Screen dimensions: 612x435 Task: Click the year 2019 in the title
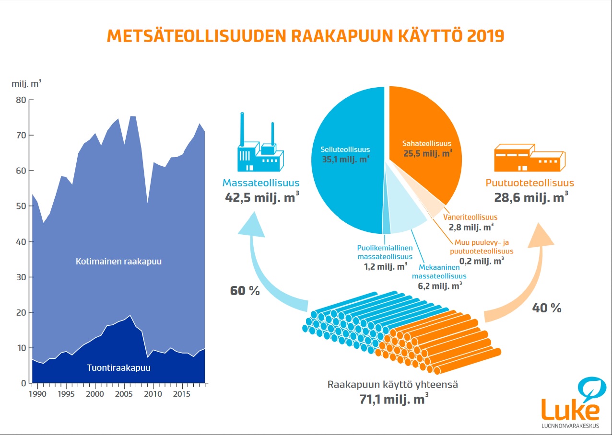(485, 36)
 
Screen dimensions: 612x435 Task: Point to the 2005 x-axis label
(124, 394)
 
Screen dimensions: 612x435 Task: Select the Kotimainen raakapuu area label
(118, 262)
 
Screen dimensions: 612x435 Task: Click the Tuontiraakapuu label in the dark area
(118, 367)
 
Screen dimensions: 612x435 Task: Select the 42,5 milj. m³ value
(262, 197)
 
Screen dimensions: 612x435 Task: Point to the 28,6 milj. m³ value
(531, 197)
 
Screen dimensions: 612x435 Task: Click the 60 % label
(245, 291)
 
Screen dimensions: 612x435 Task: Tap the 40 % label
(547, 308)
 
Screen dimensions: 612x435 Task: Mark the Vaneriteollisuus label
(470, 217)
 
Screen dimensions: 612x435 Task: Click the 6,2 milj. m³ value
(440, 286)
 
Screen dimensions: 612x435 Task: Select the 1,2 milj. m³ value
(386, 266)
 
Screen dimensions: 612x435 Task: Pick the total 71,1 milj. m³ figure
(394, 399)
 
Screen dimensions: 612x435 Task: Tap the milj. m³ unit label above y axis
(26, 83)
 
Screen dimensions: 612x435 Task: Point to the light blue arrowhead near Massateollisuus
(252, 225)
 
